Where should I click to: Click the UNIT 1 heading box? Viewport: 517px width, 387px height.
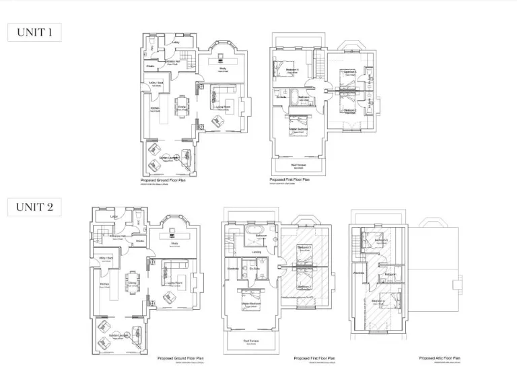tap(34, 32)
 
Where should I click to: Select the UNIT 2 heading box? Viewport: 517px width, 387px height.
tap(34, 207)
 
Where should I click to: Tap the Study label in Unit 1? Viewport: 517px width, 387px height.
tap(222, 68)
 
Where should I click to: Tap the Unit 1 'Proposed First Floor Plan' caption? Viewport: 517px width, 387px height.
tap(289, 180)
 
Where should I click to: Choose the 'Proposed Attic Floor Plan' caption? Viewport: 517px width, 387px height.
tap(440, 359)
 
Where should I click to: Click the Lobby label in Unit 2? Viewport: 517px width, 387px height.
tap(114, 217)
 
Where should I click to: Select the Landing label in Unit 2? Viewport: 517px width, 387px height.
tap(256, 252)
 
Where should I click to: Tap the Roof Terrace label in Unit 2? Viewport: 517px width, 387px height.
tap(250, 341)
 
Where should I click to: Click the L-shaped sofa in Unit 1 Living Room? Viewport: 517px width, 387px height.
tap(223, 94)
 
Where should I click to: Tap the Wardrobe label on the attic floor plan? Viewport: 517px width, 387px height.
tap(359, 273)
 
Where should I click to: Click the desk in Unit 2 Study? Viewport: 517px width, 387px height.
tap(180, 234)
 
